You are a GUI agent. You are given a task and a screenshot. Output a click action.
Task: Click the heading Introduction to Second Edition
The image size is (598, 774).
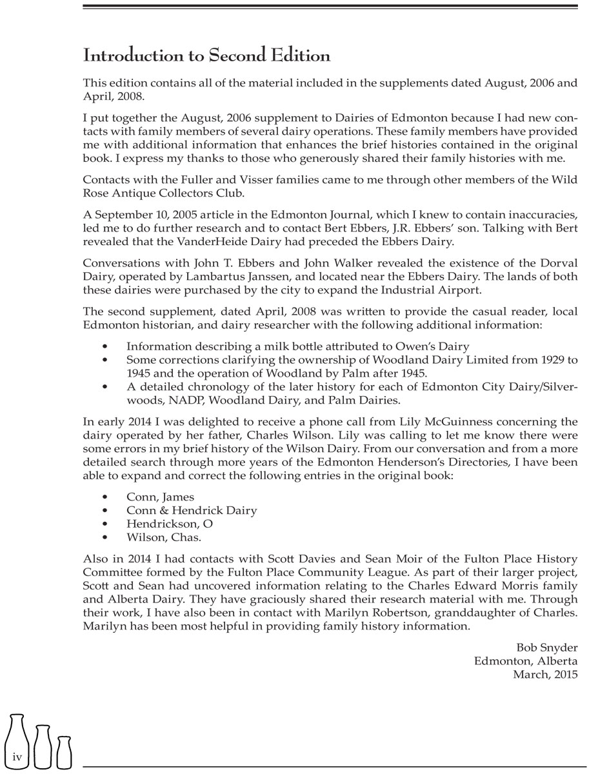206,56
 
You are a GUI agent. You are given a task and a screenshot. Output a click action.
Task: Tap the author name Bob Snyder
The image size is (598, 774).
546,647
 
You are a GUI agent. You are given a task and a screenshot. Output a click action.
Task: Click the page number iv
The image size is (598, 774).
17,757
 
